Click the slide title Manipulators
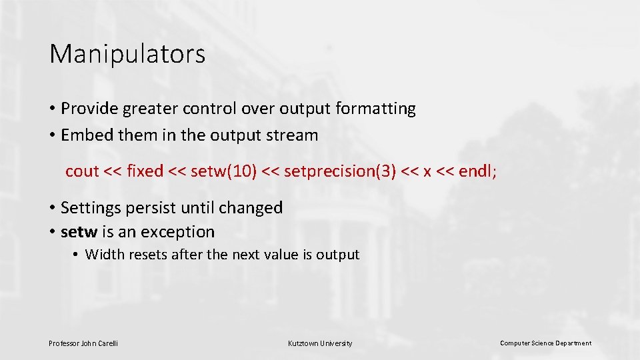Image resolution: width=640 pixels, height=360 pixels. [127, 54]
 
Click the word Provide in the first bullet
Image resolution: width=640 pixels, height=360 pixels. [87, 109]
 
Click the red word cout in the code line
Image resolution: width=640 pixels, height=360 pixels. [82, 171]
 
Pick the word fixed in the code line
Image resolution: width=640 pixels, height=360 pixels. [145, 171]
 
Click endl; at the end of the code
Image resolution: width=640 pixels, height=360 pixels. [477, 171]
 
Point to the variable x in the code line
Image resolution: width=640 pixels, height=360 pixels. [427, 172]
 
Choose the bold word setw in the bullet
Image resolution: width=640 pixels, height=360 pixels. [79, 232]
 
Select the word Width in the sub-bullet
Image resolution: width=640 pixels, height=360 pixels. [104, 255]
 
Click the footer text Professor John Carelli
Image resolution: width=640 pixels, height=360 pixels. [83, 343]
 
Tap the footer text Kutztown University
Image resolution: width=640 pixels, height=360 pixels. [320, 343]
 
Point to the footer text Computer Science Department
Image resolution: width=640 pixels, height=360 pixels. [545, 343]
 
